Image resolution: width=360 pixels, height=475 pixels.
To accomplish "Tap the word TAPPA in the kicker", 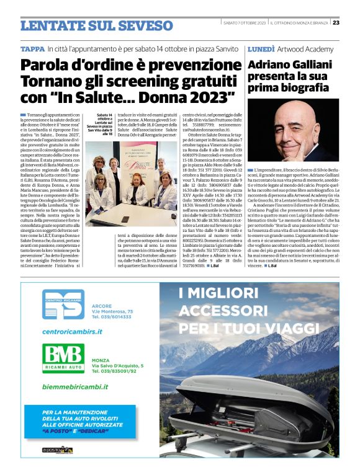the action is [32, 48].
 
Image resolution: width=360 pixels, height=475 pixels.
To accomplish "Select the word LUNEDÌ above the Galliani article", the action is [261, 48].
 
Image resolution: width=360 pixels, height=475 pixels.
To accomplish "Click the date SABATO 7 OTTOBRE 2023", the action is [244, 23].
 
